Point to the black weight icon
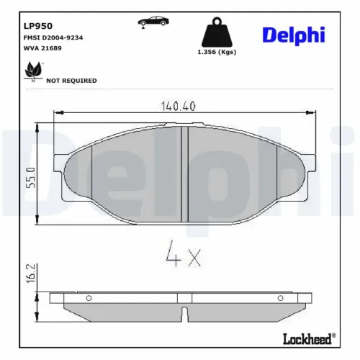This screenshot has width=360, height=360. coord(217,32)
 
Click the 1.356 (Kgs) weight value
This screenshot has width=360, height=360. coord(217,52)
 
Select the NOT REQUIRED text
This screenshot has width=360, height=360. coord(71,81)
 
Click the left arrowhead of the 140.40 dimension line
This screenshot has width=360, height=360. coord(58,112)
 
